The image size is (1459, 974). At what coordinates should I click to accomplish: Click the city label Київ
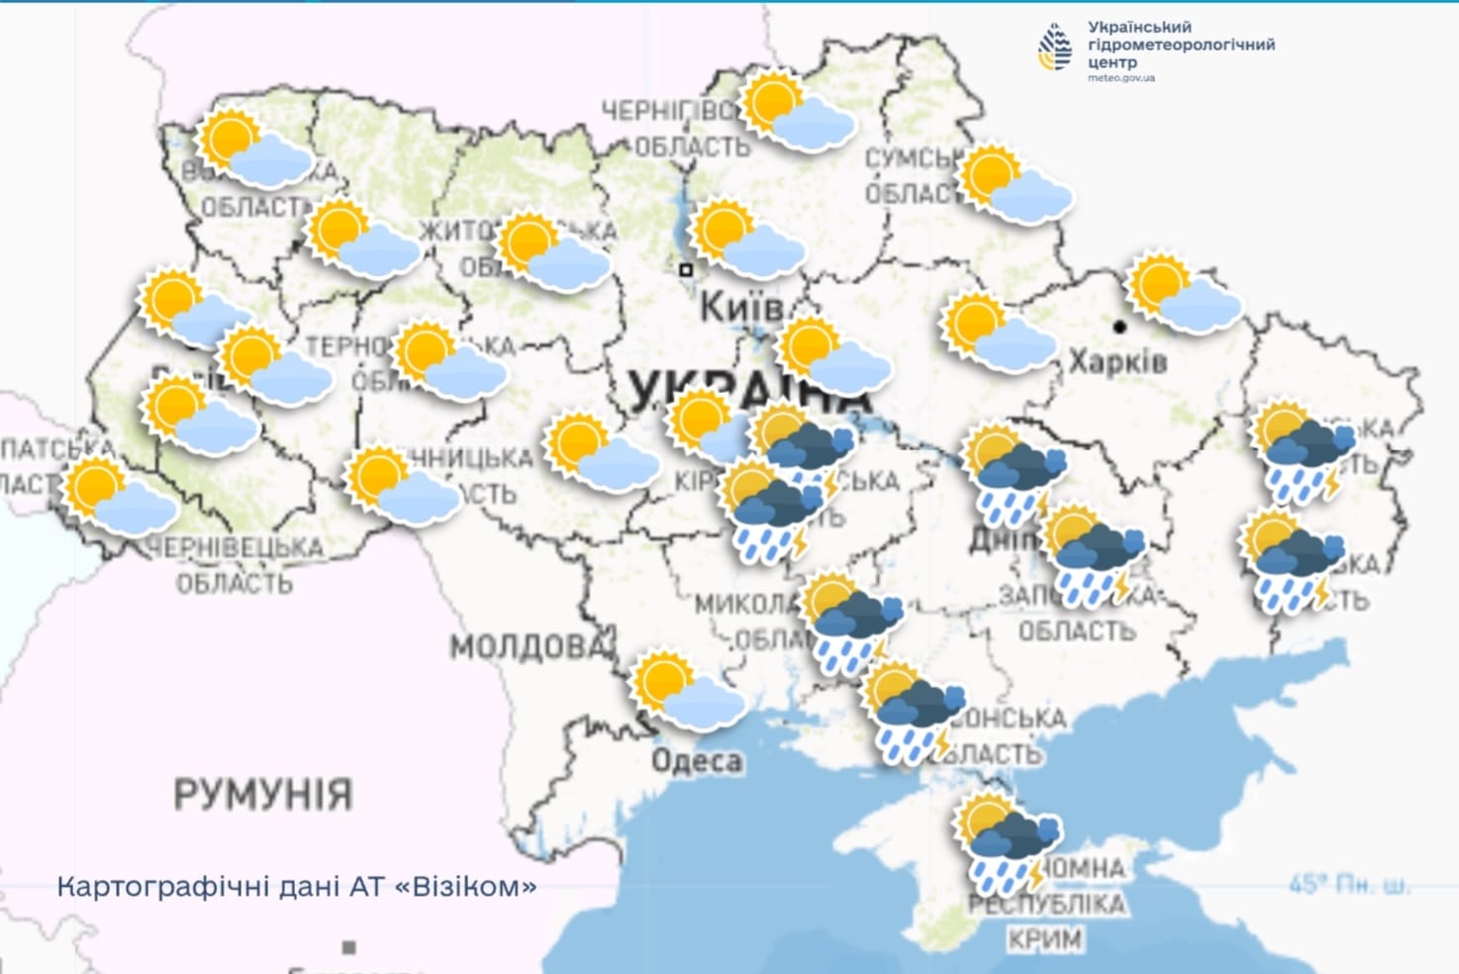pyautogui.click(x=740, y=307)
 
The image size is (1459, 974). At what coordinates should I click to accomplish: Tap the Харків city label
pyautogui.click(x=1118, y=362)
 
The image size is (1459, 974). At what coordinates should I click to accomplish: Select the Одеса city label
pyautogui.click(x=697, y=761)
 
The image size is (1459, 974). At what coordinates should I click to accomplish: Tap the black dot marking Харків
pyautogui.click(x=1119, y=326)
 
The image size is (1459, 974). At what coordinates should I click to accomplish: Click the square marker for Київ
pyautogui.click(x=685, y=269)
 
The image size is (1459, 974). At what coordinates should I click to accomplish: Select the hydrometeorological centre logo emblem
pyautogui.click(x=1055, y=48)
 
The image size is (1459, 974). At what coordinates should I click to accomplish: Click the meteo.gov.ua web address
pyautogui.click(x=1120, y=78)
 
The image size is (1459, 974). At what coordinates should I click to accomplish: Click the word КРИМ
pyautogui.click(x=1045, y=937)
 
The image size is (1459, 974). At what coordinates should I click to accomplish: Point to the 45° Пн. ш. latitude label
pyautogui.click(x=1349, y=884)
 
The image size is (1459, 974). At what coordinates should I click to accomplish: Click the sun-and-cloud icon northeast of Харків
pyautogui.click(x=1184, y=293)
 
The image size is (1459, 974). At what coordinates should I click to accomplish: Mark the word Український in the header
pyautogui.click(x=1139, y=27)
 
